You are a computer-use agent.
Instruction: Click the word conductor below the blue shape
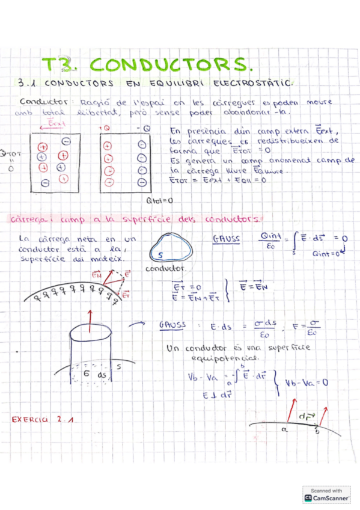[166, 268]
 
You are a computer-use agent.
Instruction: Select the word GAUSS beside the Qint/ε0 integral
[226, 239]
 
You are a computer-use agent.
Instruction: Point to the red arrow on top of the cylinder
[90, 317]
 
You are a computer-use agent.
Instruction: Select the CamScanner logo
[326, 497]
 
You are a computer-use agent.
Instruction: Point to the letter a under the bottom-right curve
[282, 430]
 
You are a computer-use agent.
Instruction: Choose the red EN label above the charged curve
[96, 275]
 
